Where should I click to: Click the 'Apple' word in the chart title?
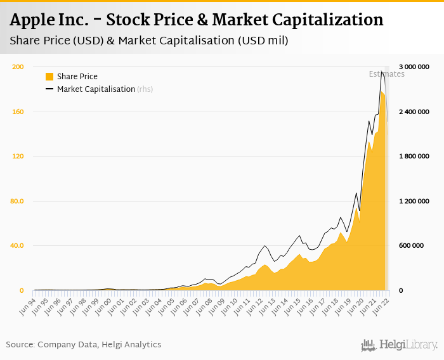33,20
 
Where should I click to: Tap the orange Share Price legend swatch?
49,77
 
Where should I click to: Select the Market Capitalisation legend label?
96,89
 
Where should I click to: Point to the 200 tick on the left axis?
18,67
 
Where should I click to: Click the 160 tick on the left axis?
18,112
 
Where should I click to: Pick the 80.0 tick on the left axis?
16,202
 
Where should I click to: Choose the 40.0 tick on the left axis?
16,246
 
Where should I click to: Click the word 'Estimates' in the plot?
386,74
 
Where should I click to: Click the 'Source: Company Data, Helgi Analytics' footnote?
84,345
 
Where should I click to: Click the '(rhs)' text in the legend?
145,89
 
